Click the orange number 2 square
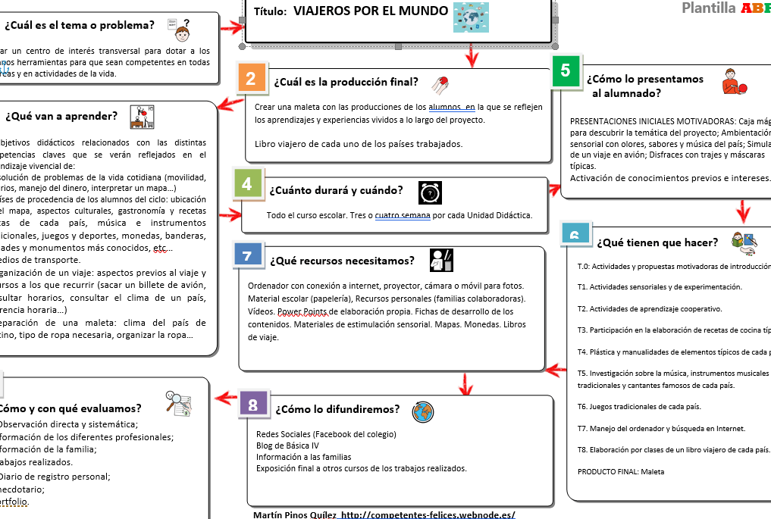(x=251, y=79)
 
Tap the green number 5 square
(x=566, y=70)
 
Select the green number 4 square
(x=246, y=184)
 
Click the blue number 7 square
(x=247, y=255)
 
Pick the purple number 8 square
(x=252, y=405)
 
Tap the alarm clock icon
(x=431, y=193)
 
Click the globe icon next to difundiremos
(x=423, y=412)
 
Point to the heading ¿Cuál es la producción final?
(x=346, y=82)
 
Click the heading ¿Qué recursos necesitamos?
(x=342, y=261)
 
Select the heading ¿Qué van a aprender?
(x=61, y=116)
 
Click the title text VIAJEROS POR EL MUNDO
(x=370, y=11)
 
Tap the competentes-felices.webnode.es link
(x=428, y=514)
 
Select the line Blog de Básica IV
(x=287, y=446)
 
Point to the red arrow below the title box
(x=472, y=55)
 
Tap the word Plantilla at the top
(x=708, y=8)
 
